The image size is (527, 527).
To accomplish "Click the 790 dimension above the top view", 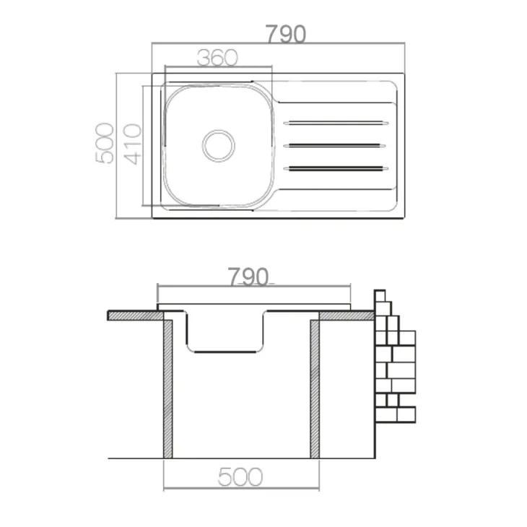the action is (286, 34).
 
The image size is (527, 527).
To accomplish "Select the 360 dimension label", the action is (217, 58).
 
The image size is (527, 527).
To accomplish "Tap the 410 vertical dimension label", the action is (132, 144).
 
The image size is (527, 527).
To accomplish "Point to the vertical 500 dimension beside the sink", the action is (105, 144).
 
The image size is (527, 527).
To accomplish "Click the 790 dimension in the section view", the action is (248, 276).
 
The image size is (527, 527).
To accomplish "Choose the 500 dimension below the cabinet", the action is (240, 476).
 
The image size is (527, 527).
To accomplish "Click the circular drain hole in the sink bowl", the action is (219, 146).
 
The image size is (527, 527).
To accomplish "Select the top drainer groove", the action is (336, 123).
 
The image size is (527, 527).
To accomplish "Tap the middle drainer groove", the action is (334, 146).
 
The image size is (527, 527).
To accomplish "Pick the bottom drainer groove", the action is (336, 168).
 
